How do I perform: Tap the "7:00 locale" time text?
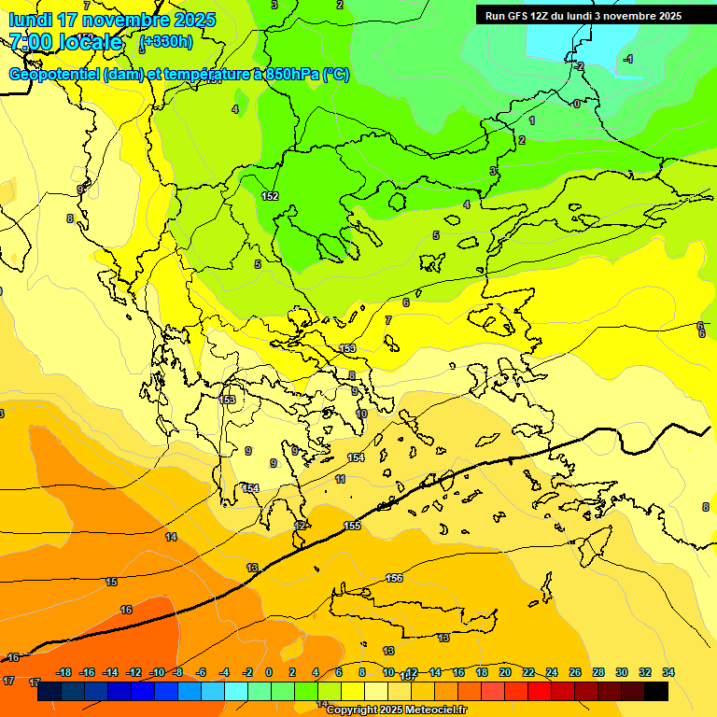coord(65,42)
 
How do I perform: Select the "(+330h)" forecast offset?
coord(166,42)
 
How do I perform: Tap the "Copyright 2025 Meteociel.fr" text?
coord(396,710)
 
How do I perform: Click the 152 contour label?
coord(270,196)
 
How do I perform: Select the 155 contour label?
coord(352,527)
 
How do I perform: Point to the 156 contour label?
coord(394,579)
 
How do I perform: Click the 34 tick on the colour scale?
coord(668,672)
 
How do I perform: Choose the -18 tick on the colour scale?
coord(64,672)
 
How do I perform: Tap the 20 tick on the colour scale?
coord(505,672)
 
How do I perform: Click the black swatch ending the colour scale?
coord(656,691)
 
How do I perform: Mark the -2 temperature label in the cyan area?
coord(579,66)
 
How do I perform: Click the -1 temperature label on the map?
coord(628,59)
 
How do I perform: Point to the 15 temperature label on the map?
coord(112,582)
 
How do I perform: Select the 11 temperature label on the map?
coord(340,479)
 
